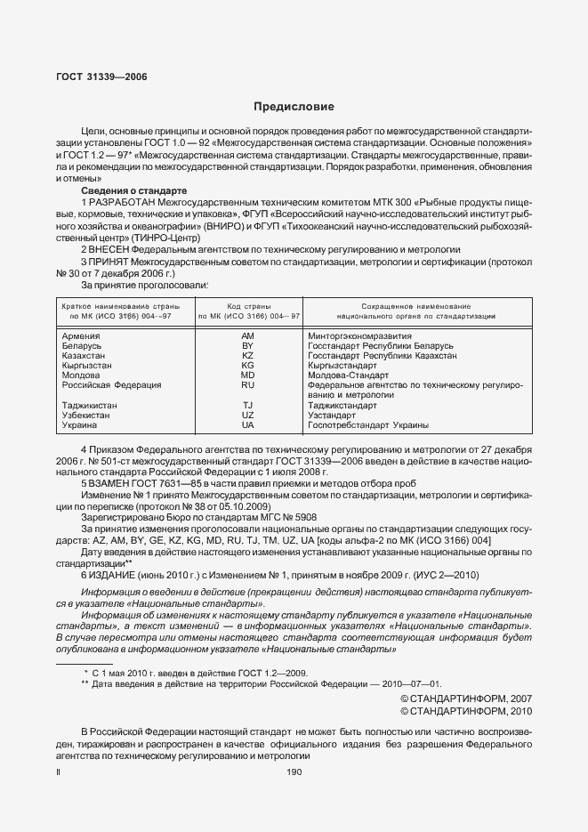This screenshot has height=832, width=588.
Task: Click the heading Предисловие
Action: click(x=294, y=107)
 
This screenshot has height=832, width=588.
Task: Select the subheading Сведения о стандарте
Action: click(x=134, y=191)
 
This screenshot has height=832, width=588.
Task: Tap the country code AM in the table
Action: click(x=248, y=335)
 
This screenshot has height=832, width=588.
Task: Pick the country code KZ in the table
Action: click(x=248, y=355)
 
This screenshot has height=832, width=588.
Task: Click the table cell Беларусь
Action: click(x=82, y=345)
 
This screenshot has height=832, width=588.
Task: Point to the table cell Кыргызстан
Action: click(x=87, y=365)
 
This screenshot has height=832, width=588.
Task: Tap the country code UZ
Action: click(x=248, y=415)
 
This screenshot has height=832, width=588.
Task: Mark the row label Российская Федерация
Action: click(x=112, y=384)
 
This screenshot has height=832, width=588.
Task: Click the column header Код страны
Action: click(x=248, y=305)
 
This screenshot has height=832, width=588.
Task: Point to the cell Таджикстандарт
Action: click(x=348, y=405)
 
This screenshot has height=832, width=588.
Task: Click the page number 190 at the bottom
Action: click(x=294, y=772)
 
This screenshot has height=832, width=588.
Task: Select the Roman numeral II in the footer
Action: click(x=58, y=772)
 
